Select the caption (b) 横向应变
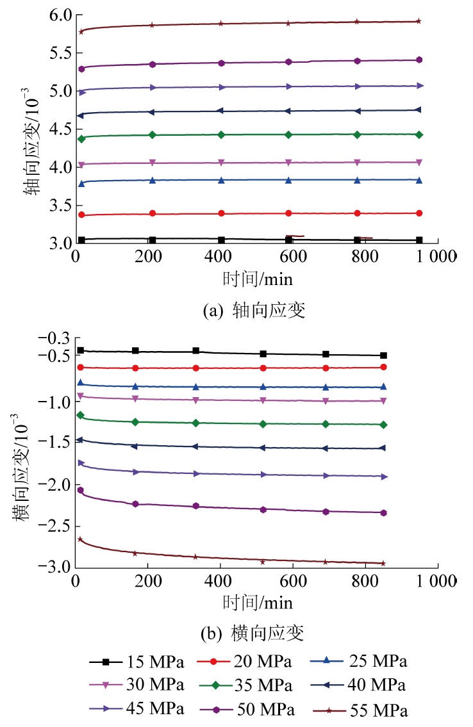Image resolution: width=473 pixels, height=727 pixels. pyautogui.click(x=254, y=634)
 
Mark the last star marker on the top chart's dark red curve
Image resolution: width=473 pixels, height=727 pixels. pyautogui.click(x=419, y=21)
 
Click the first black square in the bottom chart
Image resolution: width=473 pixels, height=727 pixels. pyautogui.click(x=81, y=350)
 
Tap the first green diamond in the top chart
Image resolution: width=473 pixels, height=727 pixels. pyautogui.click(x=81, y=138)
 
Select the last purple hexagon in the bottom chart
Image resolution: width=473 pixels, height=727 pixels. pyautogui.click(x=383, y=512)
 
